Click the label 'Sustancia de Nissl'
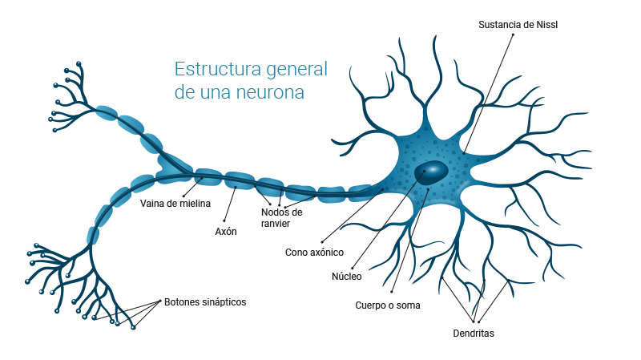pyautogui.click(x=518, y=24)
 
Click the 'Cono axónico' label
pyautogui.click(x=314, y=252)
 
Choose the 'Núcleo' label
pyautogui.click(x=347, y=277)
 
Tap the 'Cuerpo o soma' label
pyautogui.click(x=388, y=305)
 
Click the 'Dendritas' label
pyautogui.click(x=474, y=333)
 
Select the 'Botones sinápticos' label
pyautogui.click(x=205, y=302)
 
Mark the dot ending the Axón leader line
pyautogui.click(x=225, y=220)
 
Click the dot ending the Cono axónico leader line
pyautogui.click(x=321, y=241)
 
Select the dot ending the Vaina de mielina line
pyautogui.click(x=183, y=193)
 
